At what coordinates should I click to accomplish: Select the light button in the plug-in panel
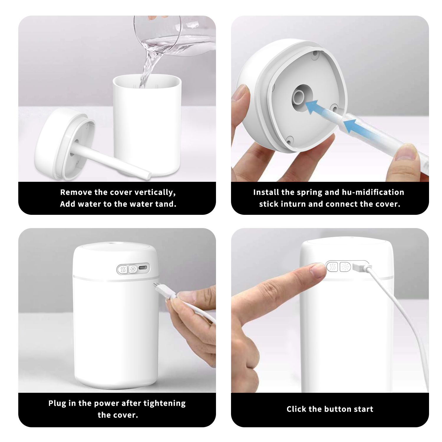pos(133,269)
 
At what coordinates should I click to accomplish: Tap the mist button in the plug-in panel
pos(123,269)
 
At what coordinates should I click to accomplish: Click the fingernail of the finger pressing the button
pos(318,271)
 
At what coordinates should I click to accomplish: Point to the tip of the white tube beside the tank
pos(149,176)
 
